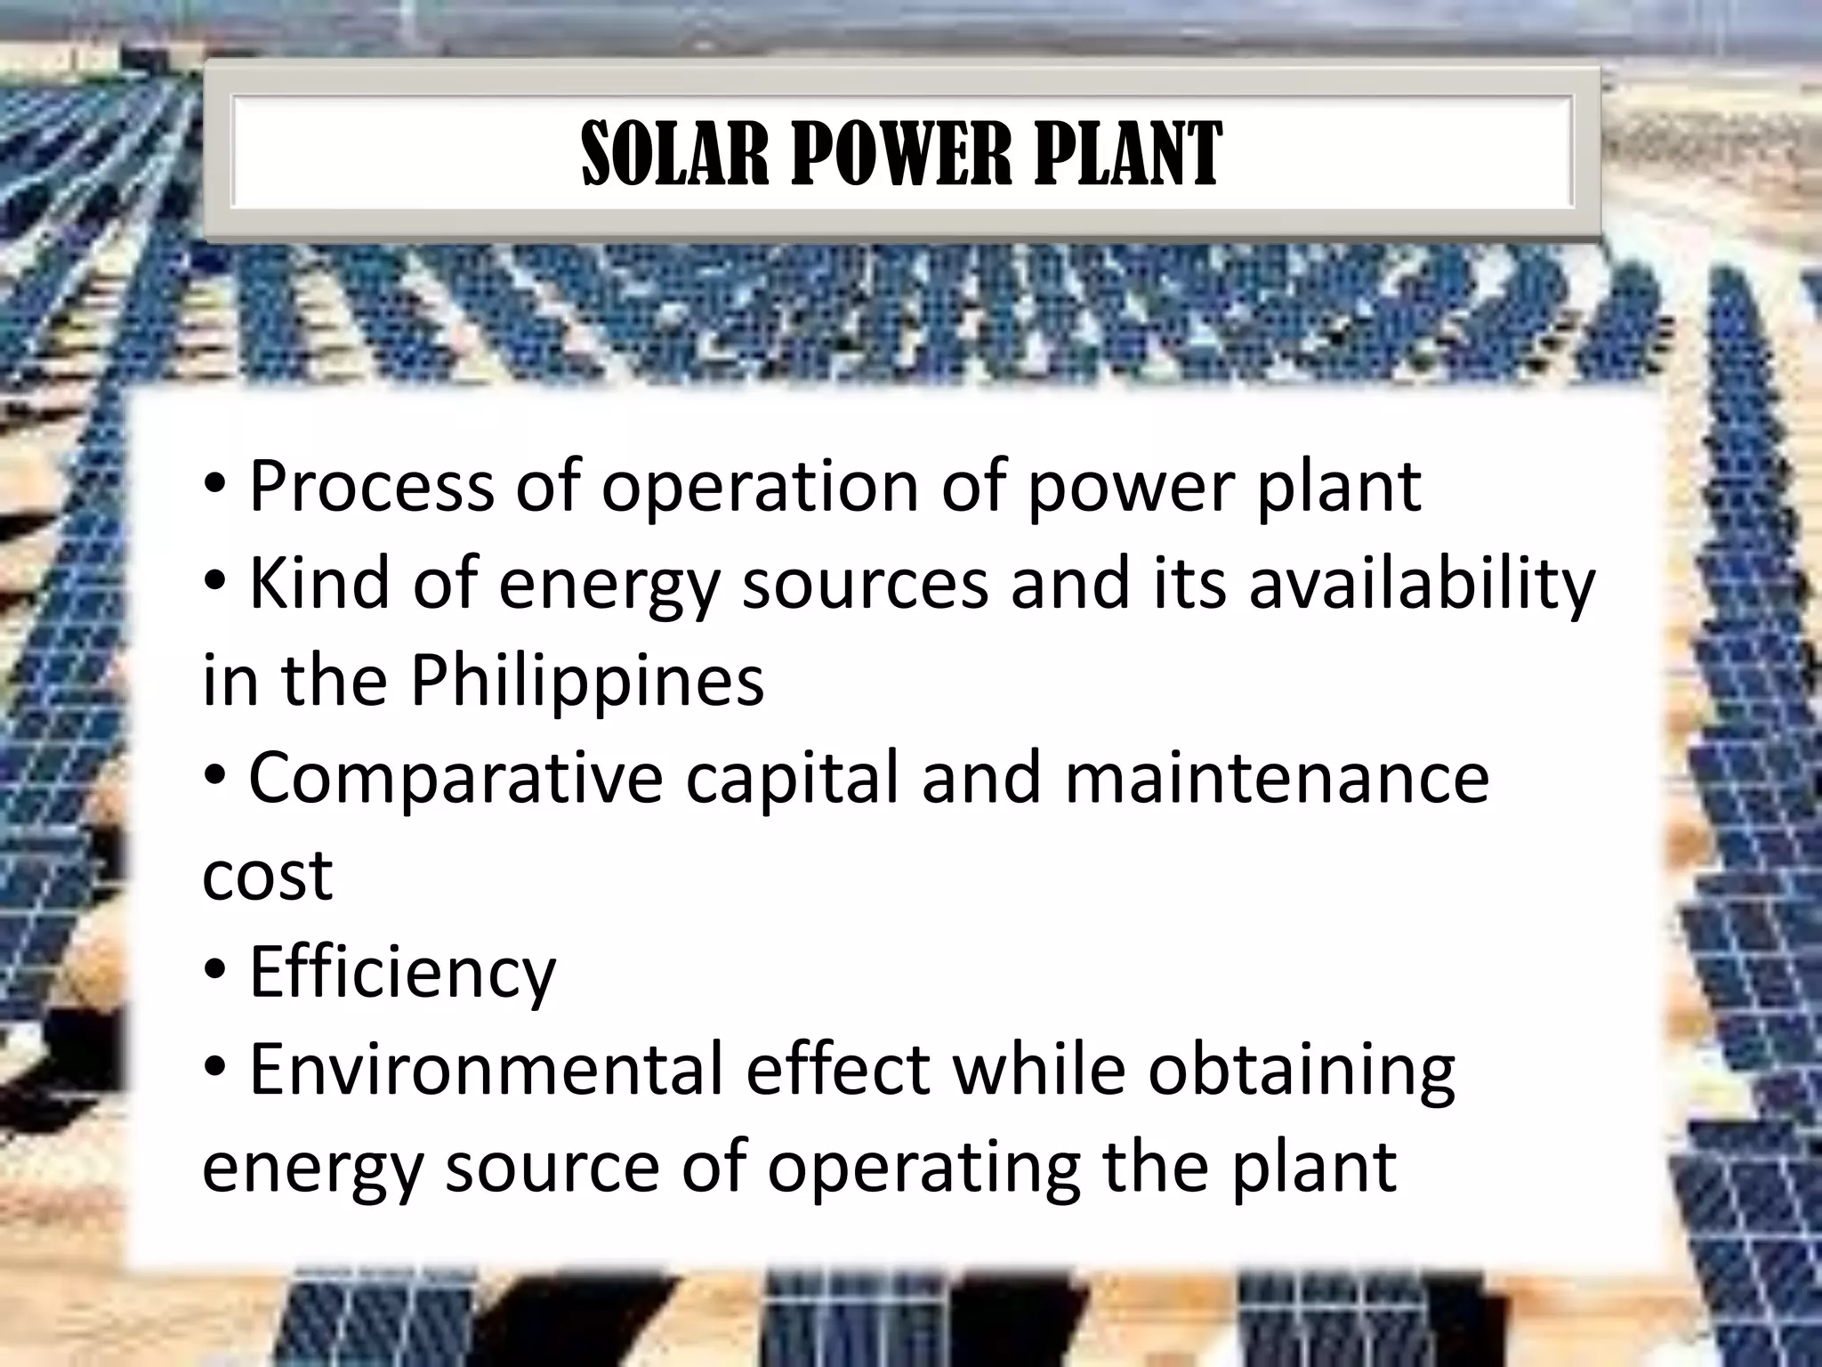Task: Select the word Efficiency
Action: (402, 972)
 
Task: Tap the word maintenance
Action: (1277, 778)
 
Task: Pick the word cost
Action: (267, 875)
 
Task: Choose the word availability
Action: (1422, 584)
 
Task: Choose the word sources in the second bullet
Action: (865, 584)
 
